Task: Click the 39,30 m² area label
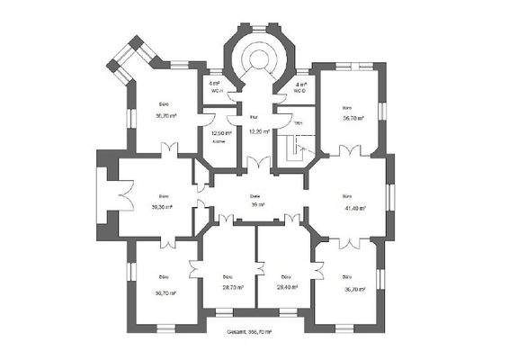pos(163,206)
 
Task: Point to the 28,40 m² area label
pos(286,287)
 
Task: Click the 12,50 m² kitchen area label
pos(221,132)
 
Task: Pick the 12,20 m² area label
pos(256,132)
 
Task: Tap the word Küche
pos(219,142)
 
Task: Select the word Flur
pos(254,117)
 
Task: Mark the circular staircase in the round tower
pos(260,63)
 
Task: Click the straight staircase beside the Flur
pos(294,148)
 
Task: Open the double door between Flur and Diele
pos(259,165)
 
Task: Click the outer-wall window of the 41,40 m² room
pos(390,195)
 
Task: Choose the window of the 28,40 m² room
pos(286,312)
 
